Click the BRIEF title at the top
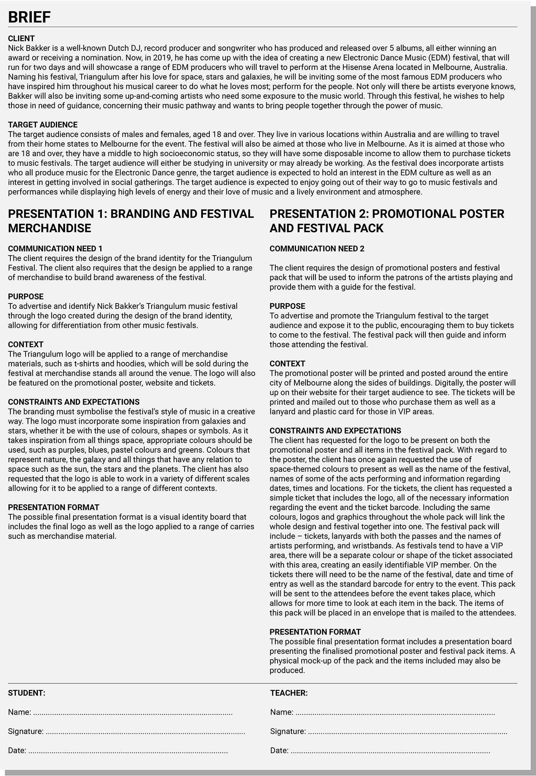point(29,17)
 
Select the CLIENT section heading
point(21,38)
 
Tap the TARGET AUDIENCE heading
point(43,125)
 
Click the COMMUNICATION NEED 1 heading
point(55,249)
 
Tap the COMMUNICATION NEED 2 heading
point(317,249)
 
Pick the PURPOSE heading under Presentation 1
point(26,297)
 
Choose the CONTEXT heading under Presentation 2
point(287,364)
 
